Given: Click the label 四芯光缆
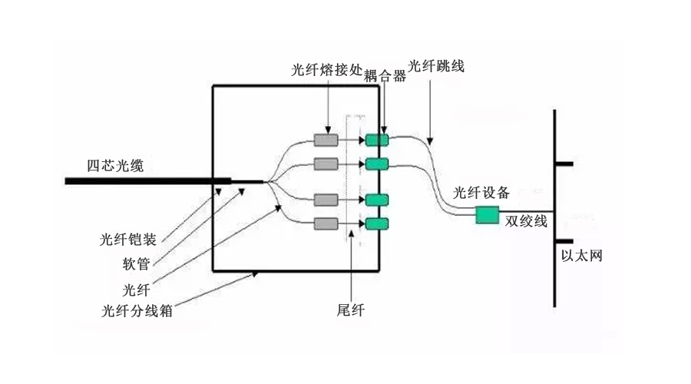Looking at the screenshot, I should [114, 165].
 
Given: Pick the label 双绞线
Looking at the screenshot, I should [526, 221].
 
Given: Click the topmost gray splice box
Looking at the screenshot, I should [326, 140].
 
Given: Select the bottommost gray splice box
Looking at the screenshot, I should [326, 224].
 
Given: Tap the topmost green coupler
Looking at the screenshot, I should [377, 140].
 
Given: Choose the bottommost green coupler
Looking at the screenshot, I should [377, 224].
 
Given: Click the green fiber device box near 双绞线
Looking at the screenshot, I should [488, 214].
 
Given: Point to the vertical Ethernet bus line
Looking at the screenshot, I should [554, 207].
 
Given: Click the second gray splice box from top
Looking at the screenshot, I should [326, 164].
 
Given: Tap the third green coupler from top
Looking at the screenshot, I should [377, 200].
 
